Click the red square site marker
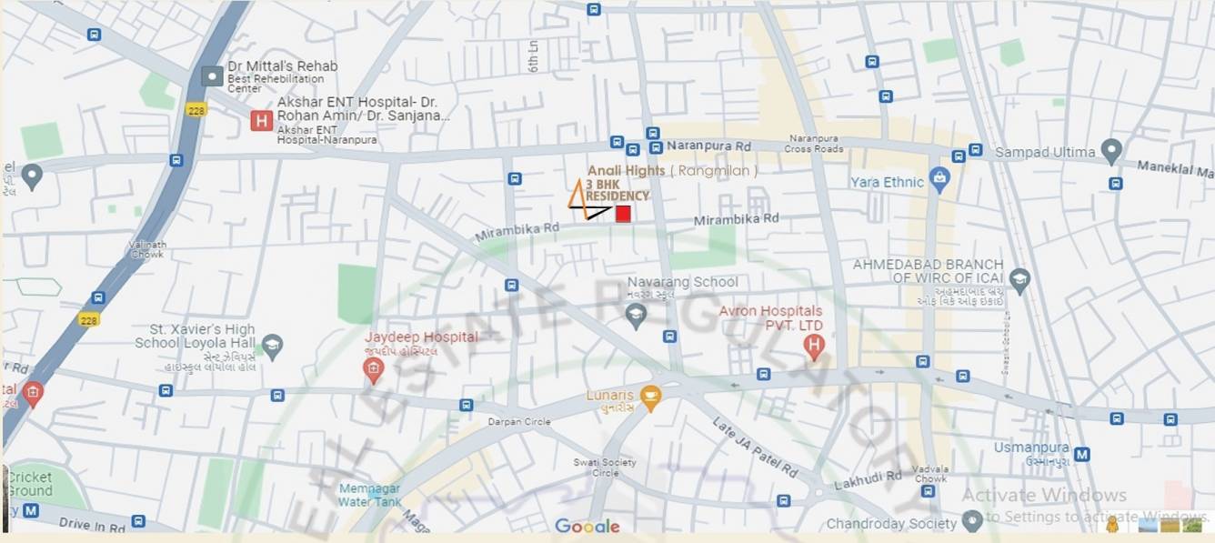pyautogui.click(x=623, y=214)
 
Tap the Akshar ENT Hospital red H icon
pyautogui.click(x=262, y=120)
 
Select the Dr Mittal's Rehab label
pyautogui.click(x=282, y=66)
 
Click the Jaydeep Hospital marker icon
pyautogui.click(x=372, y=370)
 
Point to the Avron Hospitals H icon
pyautogui.click(x=814, y=346)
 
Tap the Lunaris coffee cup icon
pyautogui.click(x=649, y=397)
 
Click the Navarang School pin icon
pyautogui.click(x=637, y=316)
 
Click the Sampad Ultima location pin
pyautogui.click(x=1110, y=151)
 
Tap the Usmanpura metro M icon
pyautogui.click(x=1082, y=454)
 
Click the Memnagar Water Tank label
pyautogui.click(x=369, y=495)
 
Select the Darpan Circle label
pyautogui.click(x=519, y=422)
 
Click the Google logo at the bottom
pyautogui.click(x=587, y=526)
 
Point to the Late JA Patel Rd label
pyautogui.click(x=755, y=448)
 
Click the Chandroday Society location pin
pyautogui.click(x=972, y=521)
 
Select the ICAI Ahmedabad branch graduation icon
pyautogui.click(x=1019, y=280)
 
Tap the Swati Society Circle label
pyautogui.click(x=597, y=468)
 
